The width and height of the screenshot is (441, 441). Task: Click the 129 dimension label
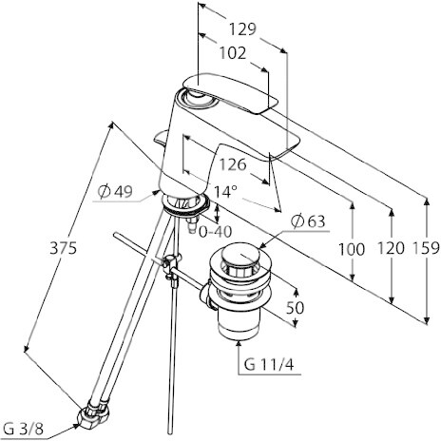click(242, 29)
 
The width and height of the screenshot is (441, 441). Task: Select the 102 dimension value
click(233, 53)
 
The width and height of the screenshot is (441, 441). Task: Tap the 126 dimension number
click(233, 164)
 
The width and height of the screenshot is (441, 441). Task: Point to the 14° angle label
click(225, 191)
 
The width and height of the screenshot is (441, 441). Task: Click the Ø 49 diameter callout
click(115, 191)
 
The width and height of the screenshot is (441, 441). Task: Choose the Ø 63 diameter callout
click(308, 221)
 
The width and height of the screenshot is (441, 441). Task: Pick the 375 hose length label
click(63, 248)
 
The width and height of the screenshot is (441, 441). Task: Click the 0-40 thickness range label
click(215, 232)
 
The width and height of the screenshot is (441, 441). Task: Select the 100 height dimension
click(352, 249)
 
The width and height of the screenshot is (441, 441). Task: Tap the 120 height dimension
click(391, 248)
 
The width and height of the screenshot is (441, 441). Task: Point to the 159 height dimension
click(427, 248)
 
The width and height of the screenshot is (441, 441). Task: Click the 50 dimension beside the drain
click(295, 307)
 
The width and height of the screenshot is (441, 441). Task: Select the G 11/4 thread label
click(269, 365)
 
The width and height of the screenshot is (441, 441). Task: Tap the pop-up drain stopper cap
click(240, 255)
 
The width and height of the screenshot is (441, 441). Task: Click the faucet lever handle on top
click(231, 93)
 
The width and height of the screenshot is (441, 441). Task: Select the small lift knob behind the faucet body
click(161, 138)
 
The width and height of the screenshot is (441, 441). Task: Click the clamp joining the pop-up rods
click(170, 265)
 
